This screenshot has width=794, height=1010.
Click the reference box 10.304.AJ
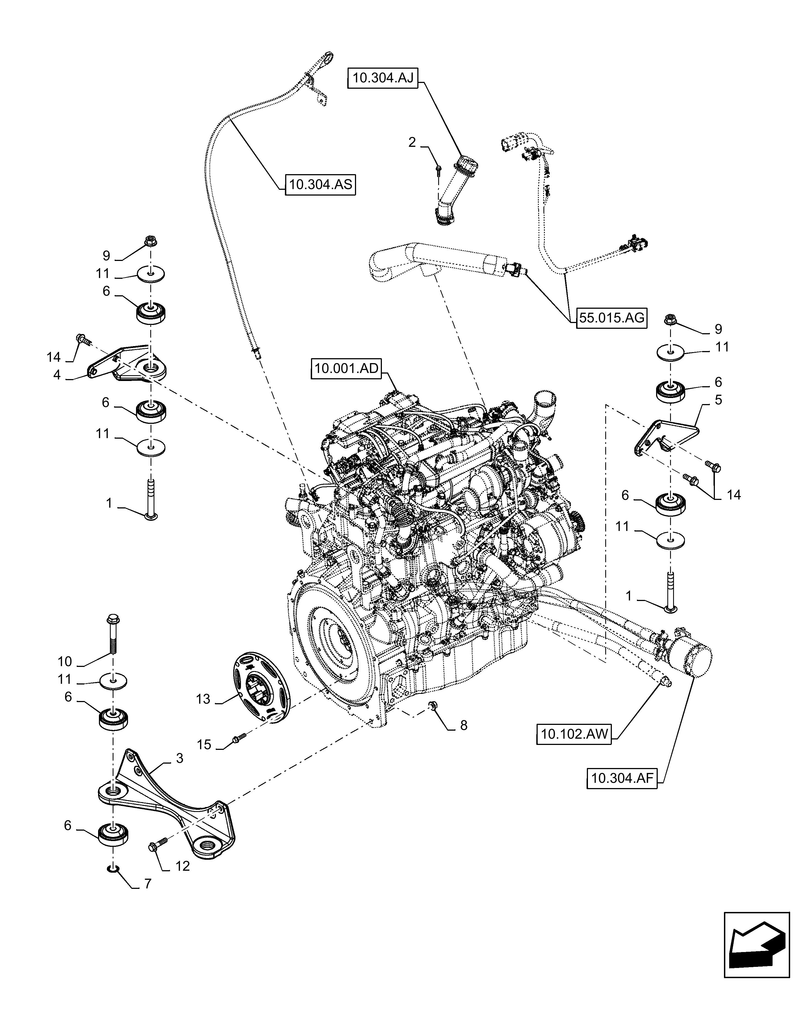[x=383, y=78]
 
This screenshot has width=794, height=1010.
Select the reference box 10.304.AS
[x=320, y=185]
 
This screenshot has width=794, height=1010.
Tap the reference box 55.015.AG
[x=612, y=318]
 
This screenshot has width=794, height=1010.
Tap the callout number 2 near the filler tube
[x=412, y=142]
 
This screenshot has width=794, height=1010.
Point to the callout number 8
[x=463, y=725]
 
